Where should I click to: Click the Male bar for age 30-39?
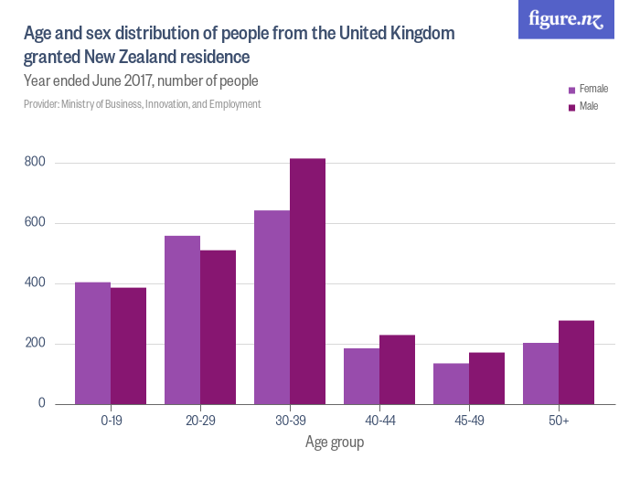[x=307, y=282]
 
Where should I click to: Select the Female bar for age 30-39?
[x=272, y=307]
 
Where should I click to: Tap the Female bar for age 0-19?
[x=93, y=343]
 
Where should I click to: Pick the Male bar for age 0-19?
[x=128, y=347]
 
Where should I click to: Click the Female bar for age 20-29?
[x=183, y=320]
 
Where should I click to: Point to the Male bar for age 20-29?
[x=218, y=327]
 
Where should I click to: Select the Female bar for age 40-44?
[x=362, y=377]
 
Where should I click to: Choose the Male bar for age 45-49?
[x=486, y=379]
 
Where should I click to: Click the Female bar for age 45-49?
[x=452, y=384]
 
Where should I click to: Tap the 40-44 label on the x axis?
[x=379, y=421]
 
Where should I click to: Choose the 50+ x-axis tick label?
[x=559, y=421]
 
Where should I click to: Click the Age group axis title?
[x=334, y=443]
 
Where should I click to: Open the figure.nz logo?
[x=567, y=19]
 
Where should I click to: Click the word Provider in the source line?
[x=41, y=104]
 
